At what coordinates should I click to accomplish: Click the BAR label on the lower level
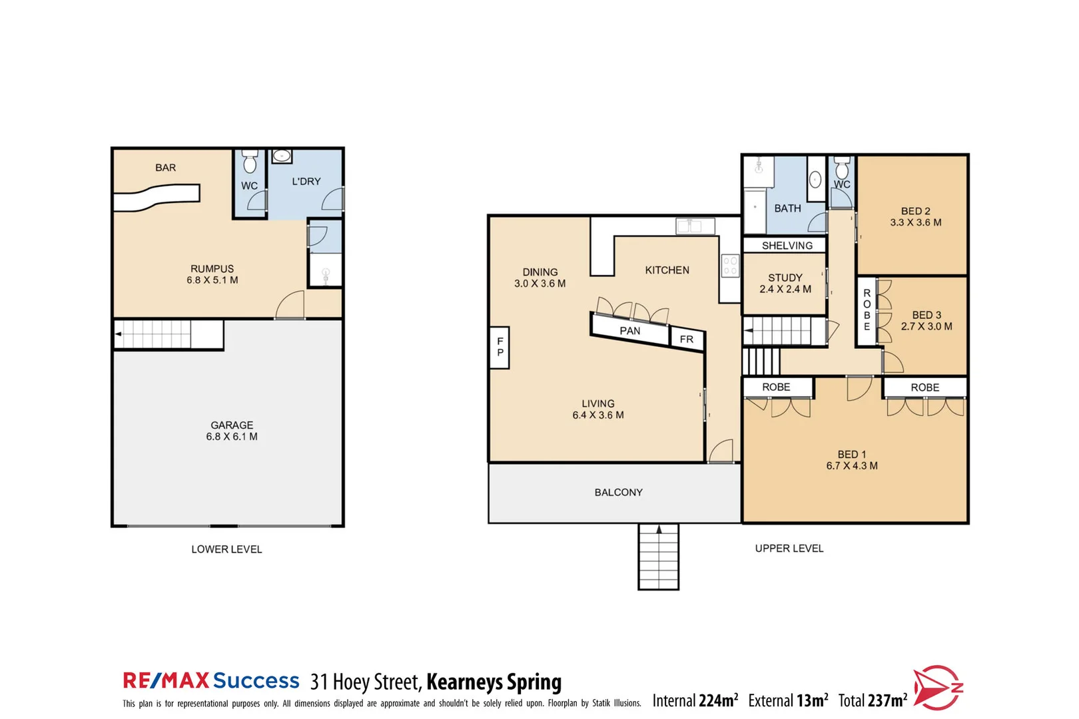click(165, 168)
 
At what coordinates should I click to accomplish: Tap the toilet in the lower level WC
click(250, 162)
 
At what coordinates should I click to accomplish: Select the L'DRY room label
click(306, 181)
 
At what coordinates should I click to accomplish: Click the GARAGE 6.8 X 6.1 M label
click(231, 431)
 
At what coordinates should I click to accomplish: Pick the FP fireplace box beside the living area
click(500, 347)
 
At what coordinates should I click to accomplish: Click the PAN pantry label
click(629, 331)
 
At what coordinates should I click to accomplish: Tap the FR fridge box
click(686, 340)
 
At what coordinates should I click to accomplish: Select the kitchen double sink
click(695, 226)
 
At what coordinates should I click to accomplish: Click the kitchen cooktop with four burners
click(730, 266)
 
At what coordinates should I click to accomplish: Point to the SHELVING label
click(787, 246)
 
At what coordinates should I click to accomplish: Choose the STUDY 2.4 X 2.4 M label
click(785, 284)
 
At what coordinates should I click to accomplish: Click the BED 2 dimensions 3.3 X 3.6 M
click(915, 223)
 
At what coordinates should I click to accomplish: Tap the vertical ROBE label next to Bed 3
click(867, 310)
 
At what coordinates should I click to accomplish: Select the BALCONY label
click(618, 493)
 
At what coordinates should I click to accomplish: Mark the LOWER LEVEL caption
click(226, 549)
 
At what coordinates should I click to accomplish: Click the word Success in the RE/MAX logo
click(256, 680)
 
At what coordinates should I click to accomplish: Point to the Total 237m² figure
click(872, 700)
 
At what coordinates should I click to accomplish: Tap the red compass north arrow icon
click(936, 688)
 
